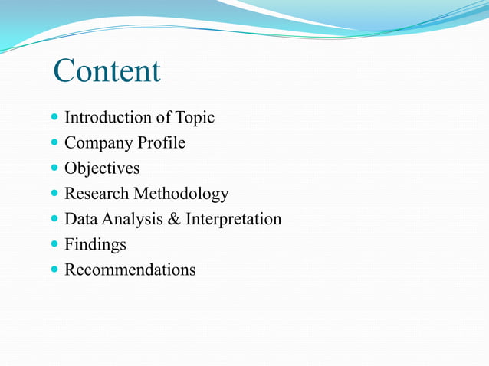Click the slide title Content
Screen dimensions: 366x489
[x=107, y=71]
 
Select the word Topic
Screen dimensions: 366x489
[x=195, y=117]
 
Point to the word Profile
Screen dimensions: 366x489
[x=161, y=142]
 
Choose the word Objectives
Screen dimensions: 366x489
[x=102, y=168]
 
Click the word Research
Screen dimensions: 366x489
[x=97, y=194]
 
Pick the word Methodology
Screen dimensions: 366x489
[x=182, y=194]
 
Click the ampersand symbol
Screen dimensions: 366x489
[x=173, y=220]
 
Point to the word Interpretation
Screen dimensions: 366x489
[x=233, y=220]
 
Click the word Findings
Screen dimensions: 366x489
[x=95, y=245]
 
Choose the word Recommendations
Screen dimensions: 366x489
[x=130, y=270]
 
